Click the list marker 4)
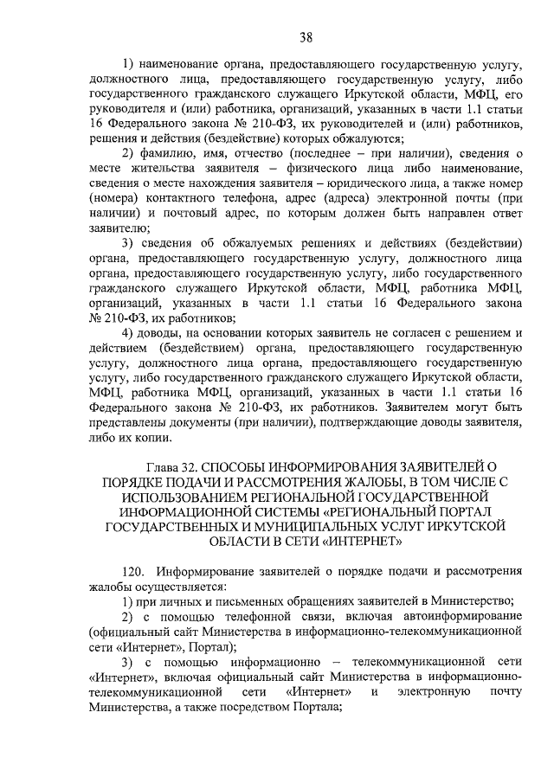[x=129, y=335]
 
